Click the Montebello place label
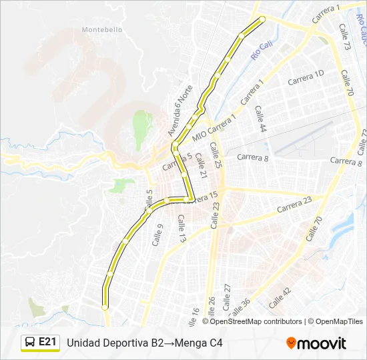[101, 29]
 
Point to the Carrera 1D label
[306, 78]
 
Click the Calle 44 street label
[260, 118]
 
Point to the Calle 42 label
[280, 297]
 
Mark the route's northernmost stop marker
[262, 19]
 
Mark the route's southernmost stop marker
[105, 307]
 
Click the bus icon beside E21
[30, 343]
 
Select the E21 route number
[47, 342]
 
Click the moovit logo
[316, 343]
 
